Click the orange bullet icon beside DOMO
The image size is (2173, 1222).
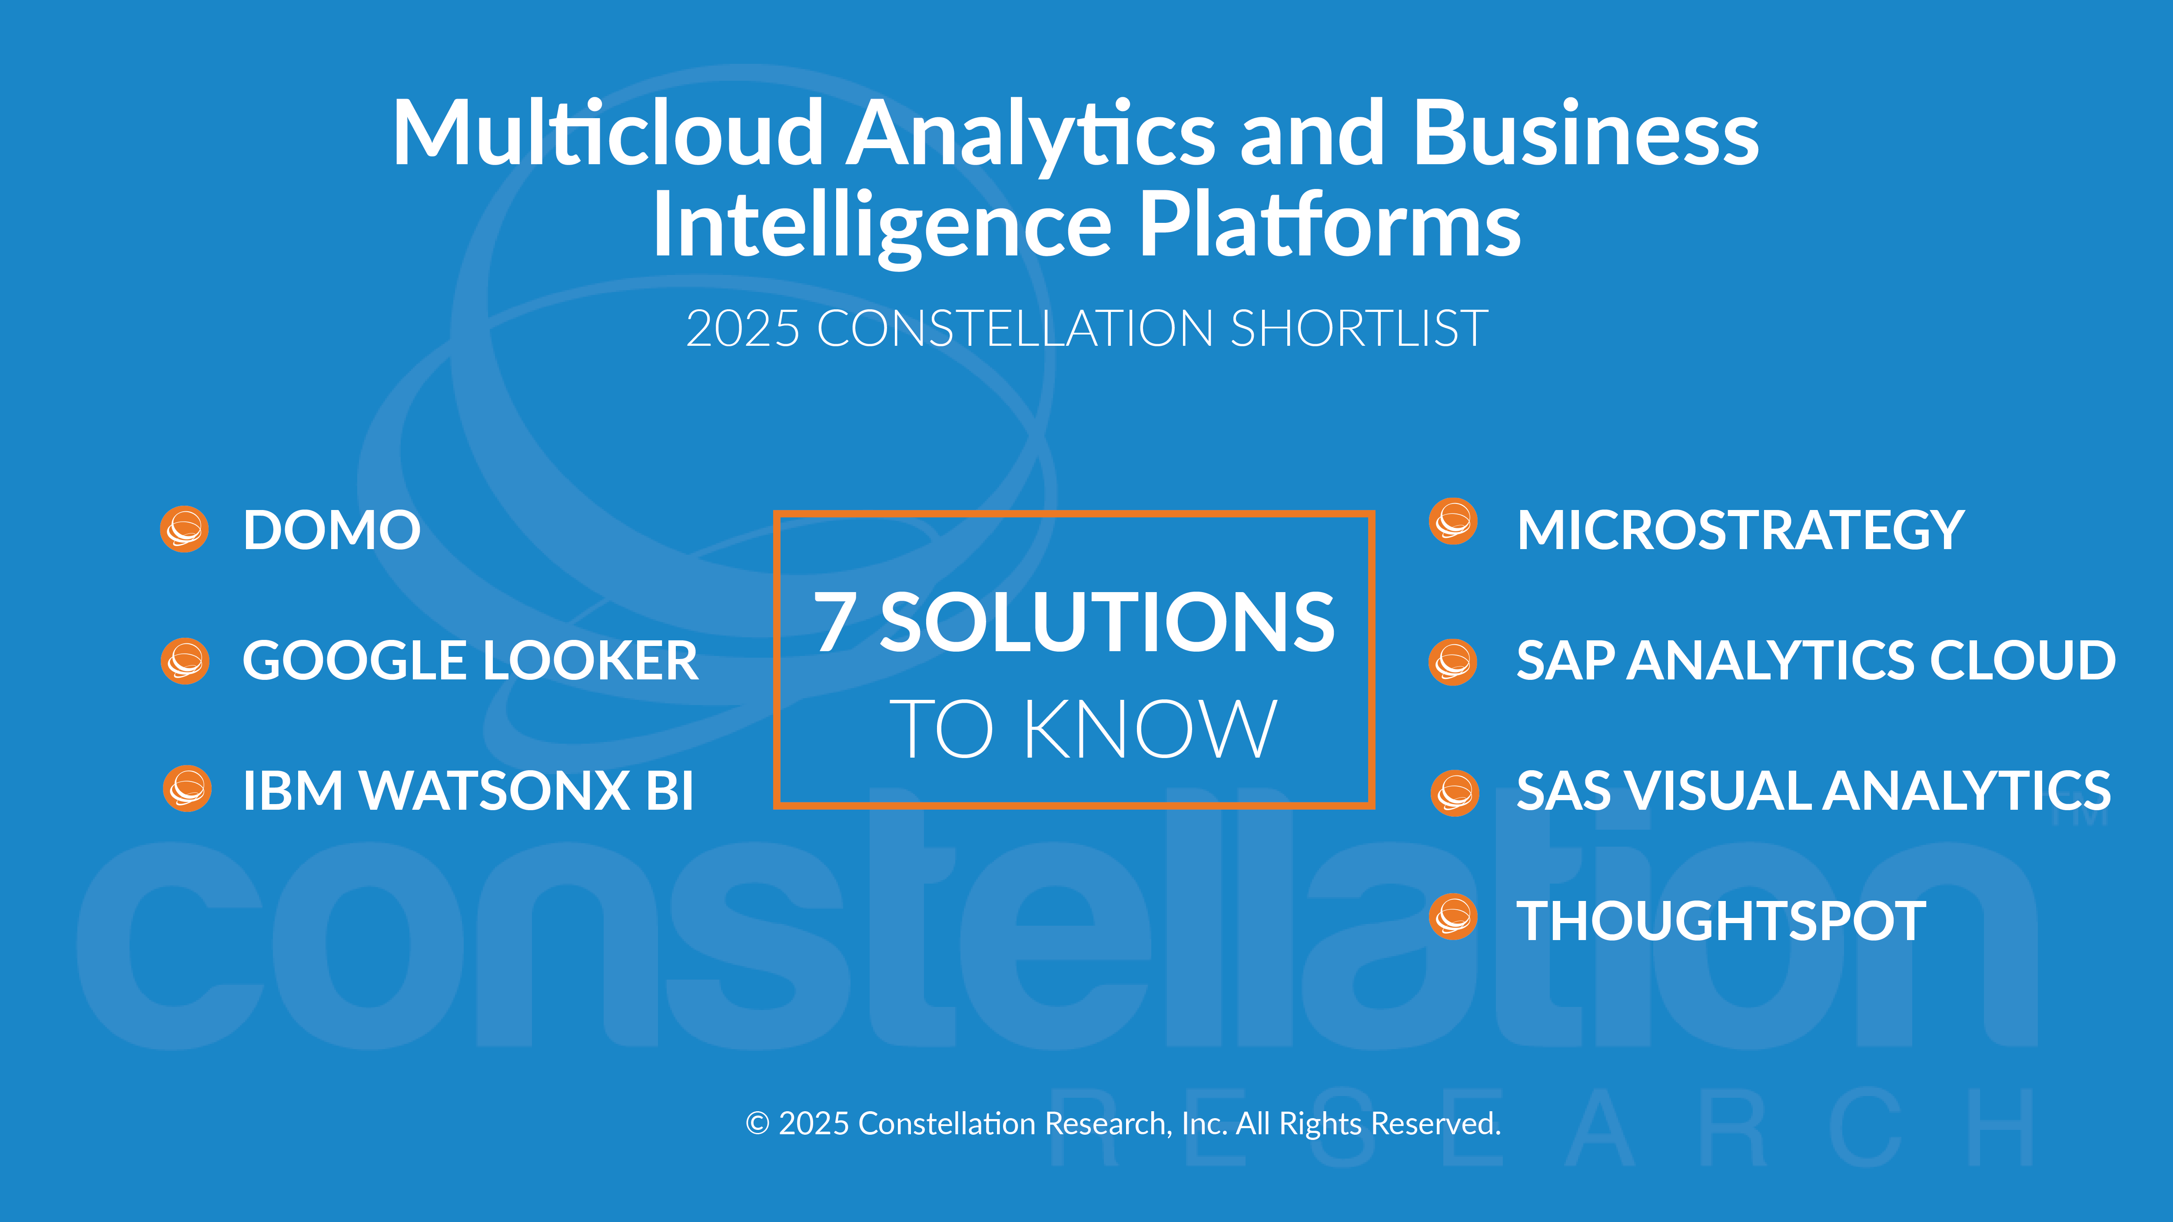click(185, 530)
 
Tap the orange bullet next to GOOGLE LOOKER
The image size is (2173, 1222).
click(185, 660)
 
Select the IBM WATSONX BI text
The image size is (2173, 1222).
click(468, 791)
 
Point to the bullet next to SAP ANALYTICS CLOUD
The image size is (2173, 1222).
click(1452, 662)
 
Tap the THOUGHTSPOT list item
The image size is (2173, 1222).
click(1721, 921)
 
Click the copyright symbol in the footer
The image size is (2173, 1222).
click(758, 1124)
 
